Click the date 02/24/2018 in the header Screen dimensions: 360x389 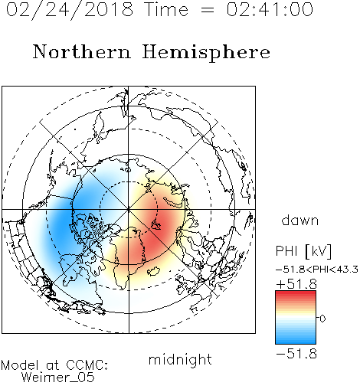70,10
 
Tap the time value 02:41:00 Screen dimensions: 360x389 270,9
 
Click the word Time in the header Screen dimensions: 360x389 166,9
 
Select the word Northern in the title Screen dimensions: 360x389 82,51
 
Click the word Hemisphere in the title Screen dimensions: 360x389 206,52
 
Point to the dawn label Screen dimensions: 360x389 300,220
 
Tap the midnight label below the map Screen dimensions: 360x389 180,359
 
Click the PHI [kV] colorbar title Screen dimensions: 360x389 303,251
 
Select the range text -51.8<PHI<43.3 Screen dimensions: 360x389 317,270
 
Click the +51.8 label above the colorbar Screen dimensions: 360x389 296,284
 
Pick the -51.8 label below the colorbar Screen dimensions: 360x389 296,354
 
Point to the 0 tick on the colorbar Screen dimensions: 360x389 322,319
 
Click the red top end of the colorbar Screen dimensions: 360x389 296,293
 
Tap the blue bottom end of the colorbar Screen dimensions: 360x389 296,341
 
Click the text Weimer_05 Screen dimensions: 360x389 58,378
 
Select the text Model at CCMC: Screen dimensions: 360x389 54,365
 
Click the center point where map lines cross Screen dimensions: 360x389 129,209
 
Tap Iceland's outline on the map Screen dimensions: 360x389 154,271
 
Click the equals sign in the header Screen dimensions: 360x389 208,10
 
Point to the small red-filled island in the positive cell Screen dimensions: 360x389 155,224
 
